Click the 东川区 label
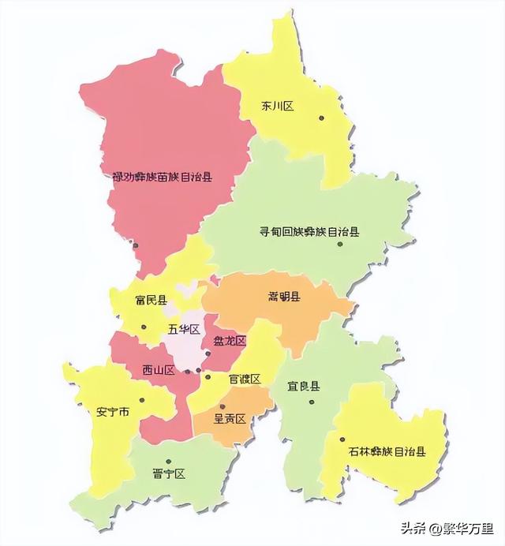(x=277, y=107)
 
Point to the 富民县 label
(x=151, y=301)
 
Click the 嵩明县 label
(x=283, y=297)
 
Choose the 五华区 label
(x=183, y=329)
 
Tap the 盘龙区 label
(x=230, y=341)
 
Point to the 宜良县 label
(x=304, y=387)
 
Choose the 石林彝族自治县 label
(x=387, y=452)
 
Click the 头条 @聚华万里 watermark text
(x=451, y=528)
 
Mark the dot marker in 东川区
(x=322, y=118)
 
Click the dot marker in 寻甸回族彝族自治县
(x=340, y=244)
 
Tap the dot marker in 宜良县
(x=312, y=402)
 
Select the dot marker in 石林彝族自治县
(x=342, y=440)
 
